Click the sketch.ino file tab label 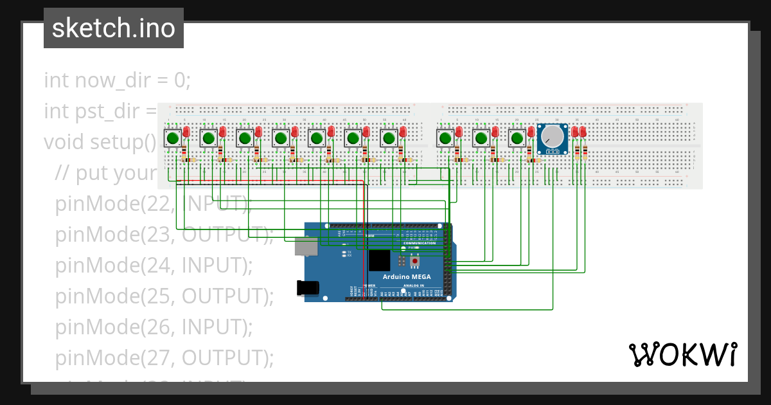(113, 28)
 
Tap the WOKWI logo (682, 354)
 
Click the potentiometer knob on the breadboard (553, 137)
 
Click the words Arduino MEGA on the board (407, 276)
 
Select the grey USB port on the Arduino (305, 246)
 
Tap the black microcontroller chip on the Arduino (378, 261)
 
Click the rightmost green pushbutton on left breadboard (388, 138)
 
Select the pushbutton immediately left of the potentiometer (517, 138)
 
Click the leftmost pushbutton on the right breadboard (445, 138)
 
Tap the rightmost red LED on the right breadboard (583, 132)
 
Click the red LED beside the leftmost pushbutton (186, 132)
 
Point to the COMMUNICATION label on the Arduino (420, 243)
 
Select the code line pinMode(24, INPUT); (154, 264)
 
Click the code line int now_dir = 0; (118, 80)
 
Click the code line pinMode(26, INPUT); (154, 327)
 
